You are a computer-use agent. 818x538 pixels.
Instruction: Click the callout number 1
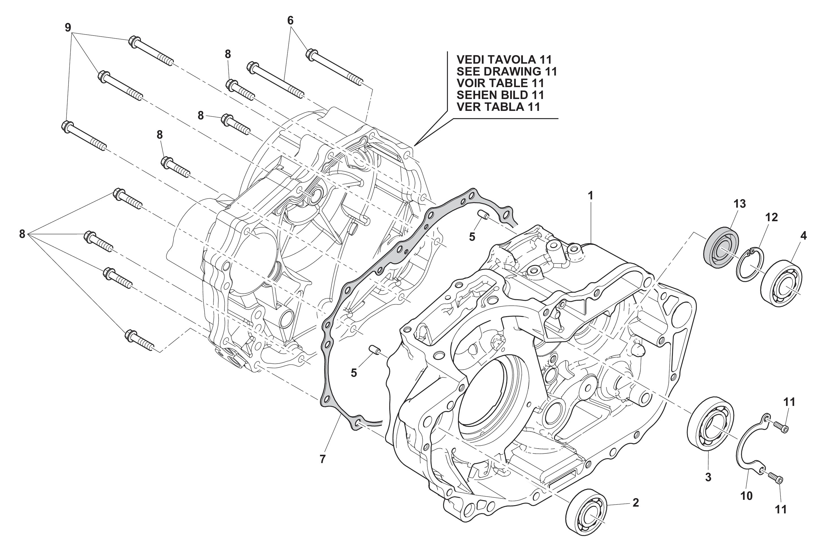[590, 196]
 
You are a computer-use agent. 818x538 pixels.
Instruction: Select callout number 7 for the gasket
[322, 459]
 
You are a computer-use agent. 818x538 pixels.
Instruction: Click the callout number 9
[68, 27]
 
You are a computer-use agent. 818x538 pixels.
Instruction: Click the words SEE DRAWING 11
[506, 72]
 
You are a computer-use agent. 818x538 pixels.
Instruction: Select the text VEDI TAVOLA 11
[504, 59]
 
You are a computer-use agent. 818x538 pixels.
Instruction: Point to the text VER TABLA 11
[498, 107]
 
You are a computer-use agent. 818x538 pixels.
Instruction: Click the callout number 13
[740, 204]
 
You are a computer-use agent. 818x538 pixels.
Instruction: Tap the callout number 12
[771, 217]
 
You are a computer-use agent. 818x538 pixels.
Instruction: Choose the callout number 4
[803, 236]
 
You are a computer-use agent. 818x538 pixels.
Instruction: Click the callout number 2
[635, 503]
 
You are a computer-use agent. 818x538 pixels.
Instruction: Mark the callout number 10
[746, 496]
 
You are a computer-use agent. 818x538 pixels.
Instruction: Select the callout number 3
[708, 477]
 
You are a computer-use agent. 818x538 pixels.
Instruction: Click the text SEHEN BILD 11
[500, 95]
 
